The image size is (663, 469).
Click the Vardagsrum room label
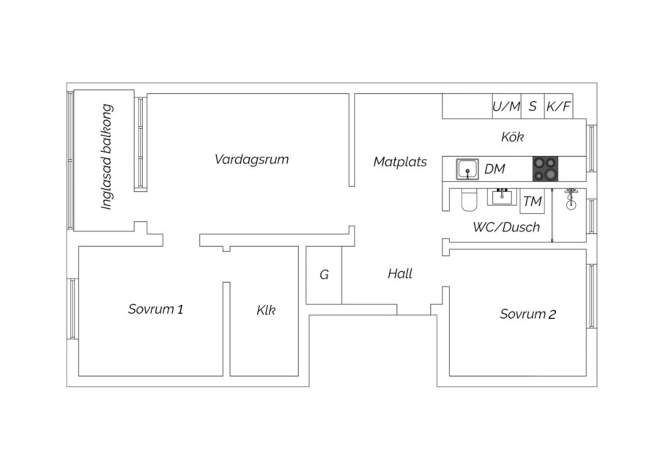251,159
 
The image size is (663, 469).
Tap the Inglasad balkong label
107,157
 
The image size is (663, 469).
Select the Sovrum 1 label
156,309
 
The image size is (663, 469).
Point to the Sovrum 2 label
528,314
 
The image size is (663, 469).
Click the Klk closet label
266,310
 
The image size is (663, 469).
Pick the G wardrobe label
324,275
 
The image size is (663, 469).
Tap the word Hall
400,274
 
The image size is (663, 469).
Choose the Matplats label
400,162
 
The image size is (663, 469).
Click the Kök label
512,137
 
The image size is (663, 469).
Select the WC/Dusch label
507,227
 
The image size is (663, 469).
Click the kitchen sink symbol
467,169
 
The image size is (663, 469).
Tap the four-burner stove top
545,169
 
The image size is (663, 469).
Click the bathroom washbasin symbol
502,196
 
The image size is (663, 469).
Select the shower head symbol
571,199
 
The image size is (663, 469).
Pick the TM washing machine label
532,202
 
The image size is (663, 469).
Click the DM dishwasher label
495,169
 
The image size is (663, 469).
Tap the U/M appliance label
507,106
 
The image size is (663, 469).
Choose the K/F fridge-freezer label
559,106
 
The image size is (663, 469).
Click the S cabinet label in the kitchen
533,106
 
